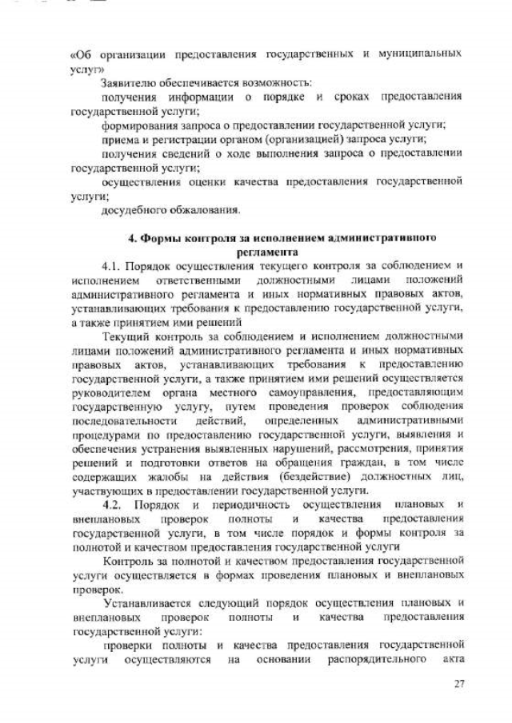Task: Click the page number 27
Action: tap(458, 683)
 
